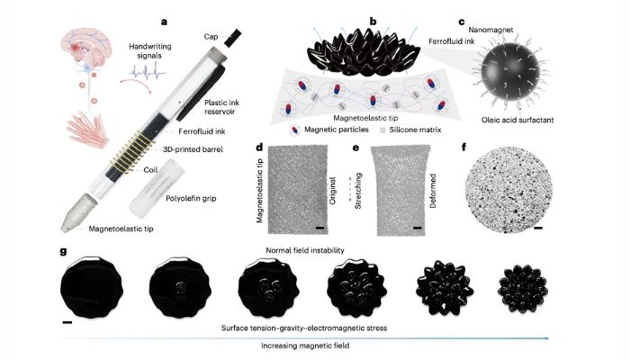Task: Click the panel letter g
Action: pyautogui.click(x=64, y=251)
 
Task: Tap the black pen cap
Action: pyautogui.click(x=232, y=38)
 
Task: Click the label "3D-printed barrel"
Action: pyautogui.click(x=193, y=149)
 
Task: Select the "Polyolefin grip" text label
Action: pyautogui.click(x=191, y=198)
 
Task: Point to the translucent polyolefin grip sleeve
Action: pyautogui.click(x=157, y=188)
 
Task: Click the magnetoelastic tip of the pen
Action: pyautogui.click(x=78, y=213)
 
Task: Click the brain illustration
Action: pyautogui.click(x=85, y=49)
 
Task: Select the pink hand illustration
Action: pyautogui.click(x=88, y=130)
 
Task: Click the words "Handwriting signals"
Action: pyautogui.click(x=150, y=51)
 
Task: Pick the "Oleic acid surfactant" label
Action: pyautogui.click(x=517, y=120)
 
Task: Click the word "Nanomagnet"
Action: pyautogui.click(x=490, y=30)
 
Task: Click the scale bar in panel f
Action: pyautogui.click(x=538, y=228)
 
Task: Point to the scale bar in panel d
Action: pyautogui.click(x=319, y=228)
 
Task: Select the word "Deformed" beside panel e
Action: pyautogui.click(x=433, y=191)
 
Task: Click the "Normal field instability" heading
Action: pyautogui.click(x=305, y=250)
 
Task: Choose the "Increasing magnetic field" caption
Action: pyautogui.click(x=305, y=346)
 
